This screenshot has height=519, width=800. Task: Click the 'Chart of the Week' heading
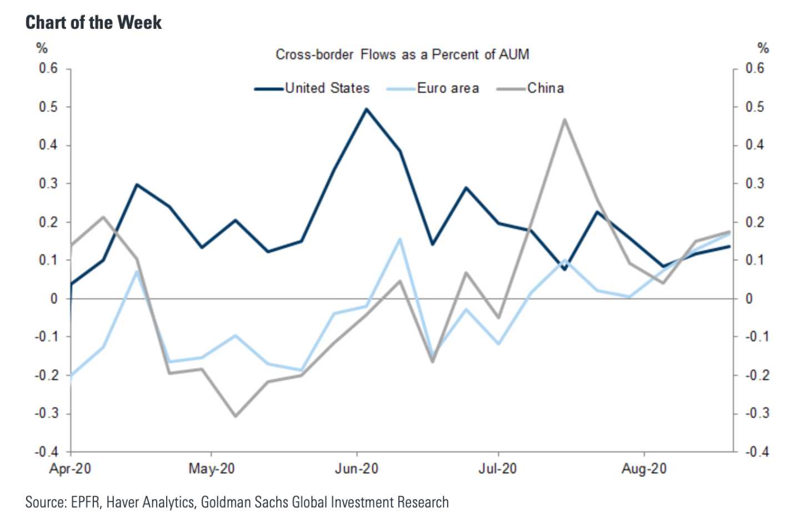click(x=93, y=22)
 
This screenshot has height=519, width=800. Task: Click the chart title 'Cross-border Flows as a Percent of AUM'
click(x=402, y=54)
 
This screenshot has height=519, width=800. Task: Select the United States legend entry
click(x=327, y=88)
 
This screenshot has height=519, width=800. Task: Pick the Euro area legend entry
click(x=447, y=88)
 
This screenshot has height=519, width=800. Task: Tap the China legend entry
click(x=545, y=88)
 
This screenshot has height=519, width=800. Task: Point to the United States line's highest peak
click(x=367, y=109)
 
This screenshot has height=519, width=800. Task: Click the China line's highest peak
click(x=564, y=119)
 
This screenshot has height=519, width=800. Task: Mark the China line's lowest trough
click(x=235, y=416)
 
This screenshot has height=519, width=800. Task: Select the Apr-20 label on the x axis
click(x=70, y=469)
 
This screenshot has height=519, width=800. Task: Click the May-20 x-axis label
click(x=212, y=469)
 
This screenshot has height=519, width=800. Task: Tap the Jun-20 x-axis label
click(x=356, y=469)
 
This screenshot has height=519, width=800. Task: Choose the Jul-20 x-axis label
click(x=498, y=469)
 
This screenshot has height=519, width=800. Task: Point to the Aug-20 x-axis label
click(x=644, y=469)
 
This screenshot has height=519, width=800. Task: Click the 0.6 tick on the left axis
click(x=48, y=68)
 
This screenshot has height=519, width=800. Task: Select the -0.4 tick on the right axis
click(x=757, y=452)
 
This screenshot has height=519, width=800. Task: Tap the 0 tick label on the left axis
click(x=54, y=299)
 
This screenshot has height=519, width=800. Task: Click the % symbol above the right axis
click(x=763, y=48)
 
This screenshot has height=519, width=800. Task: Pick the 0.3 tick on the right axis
click(x=755, y=183)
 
